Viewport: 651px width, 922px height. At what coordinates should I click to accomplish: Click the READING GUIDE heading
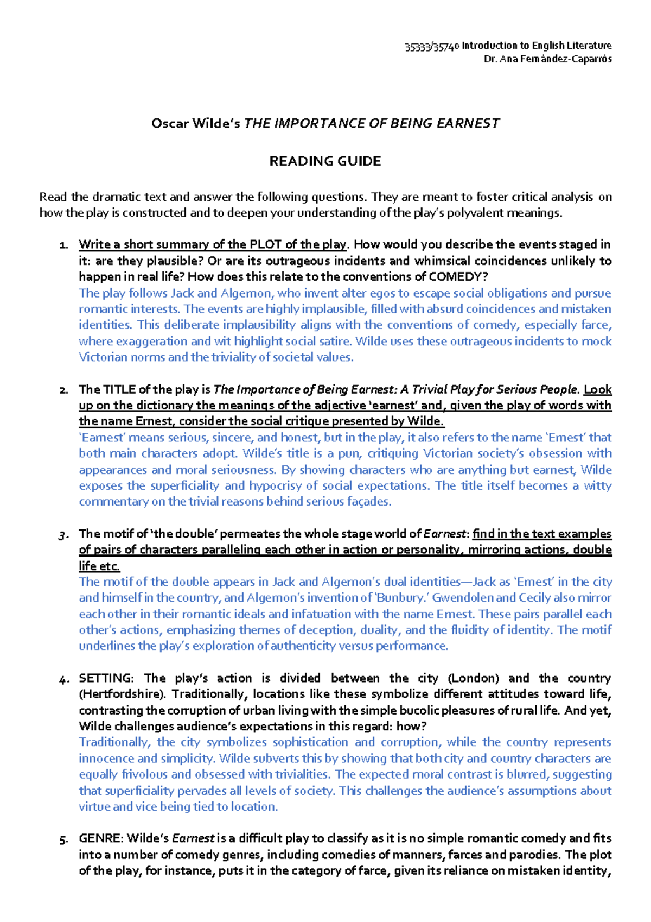325,161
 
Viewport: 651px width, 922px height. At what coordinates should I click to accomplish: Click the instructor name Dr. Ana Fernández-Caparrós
547,59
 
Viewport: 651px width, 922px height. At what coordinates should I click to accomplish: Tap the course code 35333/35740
432,47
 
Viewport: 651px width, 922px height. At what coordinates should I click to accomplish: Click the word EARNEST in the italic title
468,123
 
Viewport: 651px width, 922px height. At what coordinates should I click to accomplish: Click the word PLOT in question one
266,244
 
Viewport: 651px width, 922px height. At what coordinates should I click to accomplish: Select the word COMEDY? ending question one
458,276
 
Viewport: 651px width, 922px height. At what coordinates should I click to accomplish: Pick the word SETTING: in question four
106,678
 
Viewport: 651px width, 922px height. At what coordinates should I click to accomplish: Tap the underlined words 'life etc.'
99,566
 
